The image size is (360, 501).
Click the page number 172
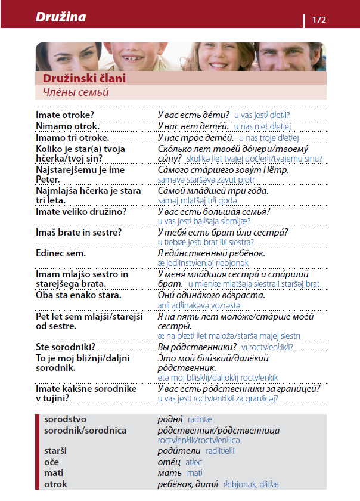click(319, 20)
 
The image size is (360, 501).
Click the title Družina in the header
click(61, 17)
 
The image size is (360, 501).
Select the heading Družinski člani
click(84, 78)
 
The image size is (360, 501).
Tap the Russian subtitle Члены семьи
click(76, 92)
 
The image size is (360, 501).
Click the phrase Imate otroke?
click(66, 115)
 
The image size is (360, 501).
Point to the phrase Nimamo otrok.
click(67, 126)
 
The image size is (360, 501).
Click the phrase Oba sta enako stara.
click(79, 295)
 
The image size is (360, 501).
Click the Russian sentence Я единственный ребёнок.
click(212, 253)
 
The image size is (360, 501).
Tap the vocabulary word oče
click(52, 462)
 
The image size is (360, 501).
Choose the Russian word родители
click(177, 451)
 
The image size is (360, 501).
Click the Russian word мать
click(170, 473)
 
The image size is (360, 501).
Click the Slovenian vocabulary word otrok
click(55, 484)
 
